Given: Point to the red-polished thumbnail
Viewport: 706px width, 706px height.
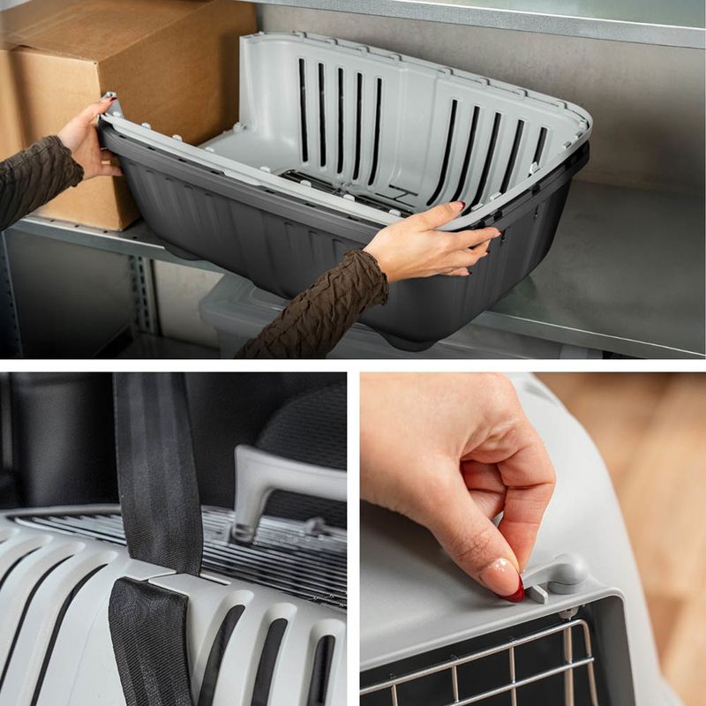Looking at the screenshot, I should point(515,594).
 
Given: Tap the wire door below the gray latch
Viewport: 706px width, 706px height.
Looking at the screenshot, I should point(494,662).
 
